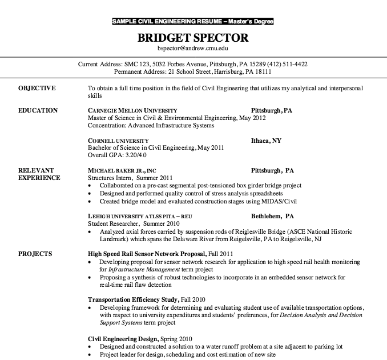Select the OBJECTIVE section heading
[37, 89]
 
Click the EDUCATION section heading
[38, 110]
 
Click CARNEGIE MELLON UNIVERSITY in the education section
[132, 110]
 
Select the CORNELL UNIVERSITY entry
[118, 140]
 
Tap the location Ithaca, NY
[266, 140]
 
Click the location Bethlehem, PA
[272, 217]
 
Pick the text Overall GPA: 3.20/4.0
[117, 154]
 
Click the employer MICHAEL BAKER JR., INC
[122, 170]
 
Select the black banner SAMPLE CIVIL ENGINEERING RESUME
[193, 22]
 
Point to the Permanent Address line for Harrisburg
[193, 72]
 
